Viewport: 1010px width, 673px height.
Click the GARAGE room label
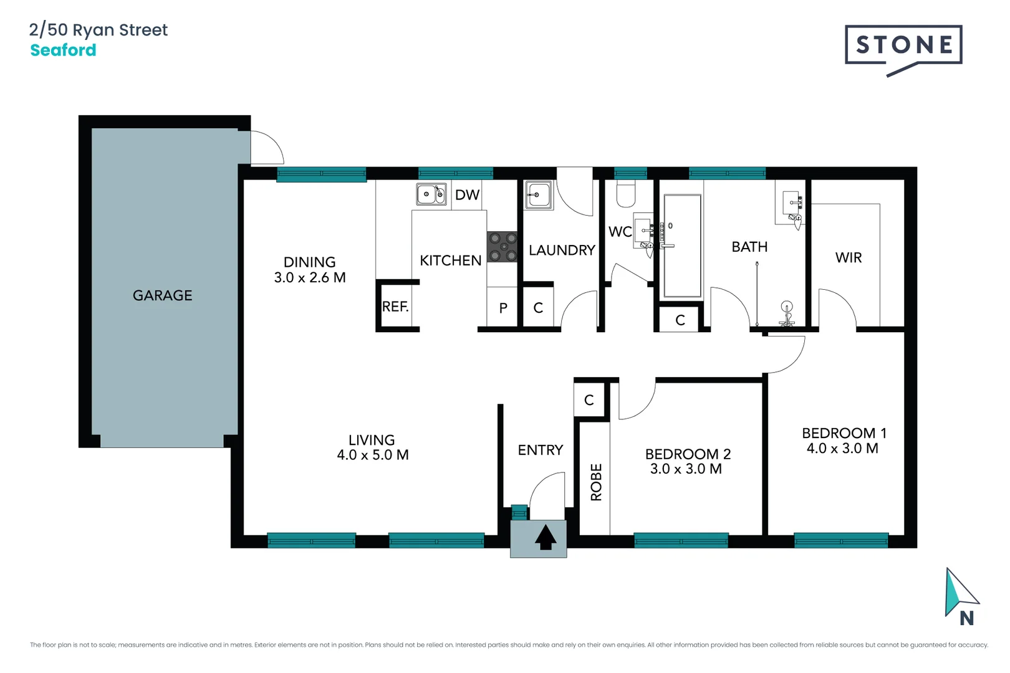point(162,295)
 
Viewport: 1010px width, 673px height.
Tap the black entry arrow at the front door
point(546,537)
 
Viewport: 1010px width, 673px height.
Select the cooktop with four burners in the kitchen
point(503,247)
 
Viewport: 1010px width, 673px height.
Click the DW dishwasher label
point(467,195)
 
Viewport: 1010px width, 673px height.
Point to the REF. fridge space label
point(395,307)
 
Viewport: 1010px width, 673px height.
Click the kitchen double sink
point(431,194)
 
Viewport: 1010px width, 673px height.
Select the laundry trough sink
point(539,195)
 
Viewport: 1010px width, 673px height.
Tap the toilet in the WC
point(625,194)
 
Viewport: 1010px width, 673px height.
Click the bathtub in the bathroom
point(682,246)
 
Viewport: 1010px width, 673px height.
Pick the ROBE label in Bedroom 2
point(596,482)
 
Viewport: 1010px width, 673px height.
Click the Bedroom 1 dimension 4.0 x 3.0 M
point(842,449)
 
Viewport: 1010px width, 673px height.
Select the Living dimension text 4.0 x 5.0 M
point(373,456)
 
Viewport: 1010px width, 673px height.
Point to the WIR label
point(849,258)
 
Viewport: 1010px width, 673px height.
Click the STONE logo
point(903,45)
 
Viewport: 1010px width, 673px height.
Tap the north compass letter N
point(966,618)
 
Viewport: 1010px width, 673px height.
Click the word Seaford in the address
point(63,50)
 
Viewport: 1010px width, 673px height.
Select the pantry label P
point(503,308)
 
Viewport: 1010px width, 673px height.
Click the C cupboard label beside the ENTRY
point(589,400)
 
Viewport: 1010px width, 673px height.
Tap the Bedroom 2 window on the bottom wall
point(681,540)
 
